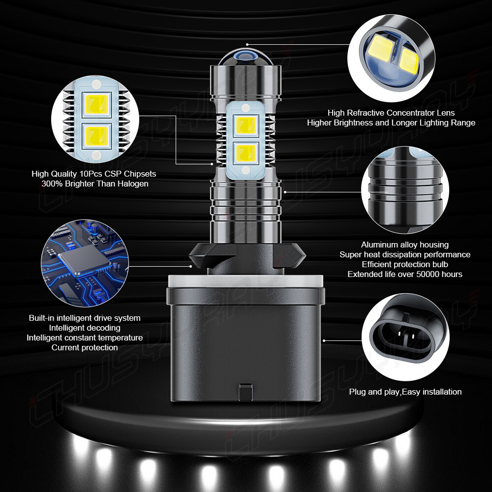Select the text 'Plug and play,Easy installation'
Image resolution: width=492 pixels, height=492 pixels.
click(x=405, y=392)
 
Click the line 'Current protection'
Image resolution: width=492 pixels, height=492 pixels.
click(x=85, y=347)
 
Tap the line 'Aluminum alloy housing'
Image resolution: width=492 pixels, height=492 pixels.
click(x=405, y=245)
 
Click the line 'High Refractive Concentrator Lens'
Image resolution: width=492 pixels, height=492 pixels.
click(x=391, y=113)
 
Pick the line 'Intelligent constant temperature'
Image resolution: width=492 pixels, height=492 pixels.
click(x=85, y=338)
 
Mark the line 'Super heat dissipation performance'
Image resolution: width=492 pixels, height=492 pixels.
click(x=405, y=254)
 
